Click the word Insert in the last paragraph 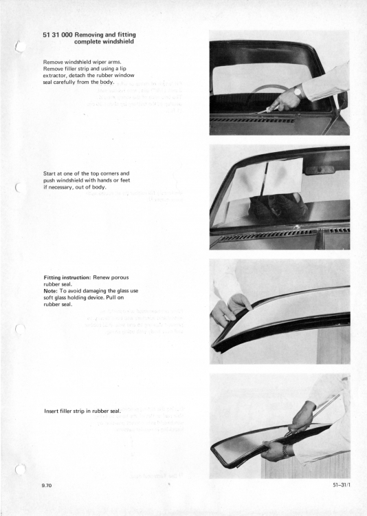tap(53, 411)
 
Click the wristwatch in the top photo tap(299, 91)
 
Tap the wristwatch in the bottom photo tap(285, 450)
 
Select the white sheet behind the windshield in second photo tap(265, 177)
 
